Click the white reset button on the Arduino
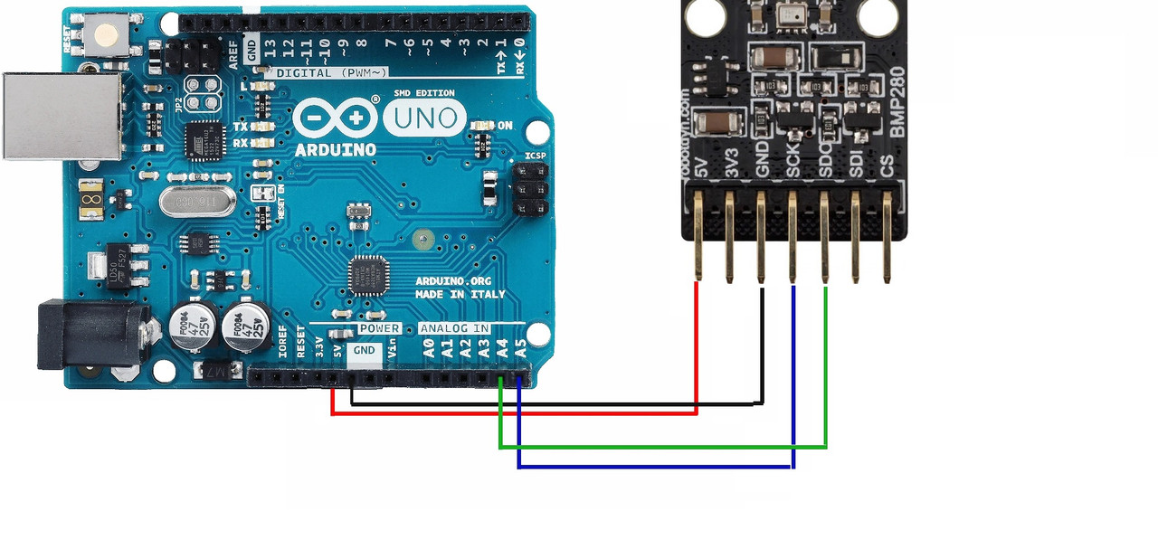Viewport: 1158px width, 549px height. [x=108, y=35]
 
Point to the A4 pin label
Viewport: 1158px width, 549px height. [x=502, y=348]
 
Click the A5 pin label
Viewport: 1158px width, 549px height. [x=520, y=348]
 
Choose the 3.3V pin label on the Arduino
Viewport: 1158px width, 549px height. [x=318, y=347]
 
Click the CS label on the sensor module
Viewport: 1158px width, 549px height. [x=887, y=166]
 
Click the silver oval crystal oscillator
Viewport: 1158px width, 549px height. [x=199, y=200]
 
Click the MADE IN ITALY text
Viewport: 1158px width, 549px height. [x=460, y=295]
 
